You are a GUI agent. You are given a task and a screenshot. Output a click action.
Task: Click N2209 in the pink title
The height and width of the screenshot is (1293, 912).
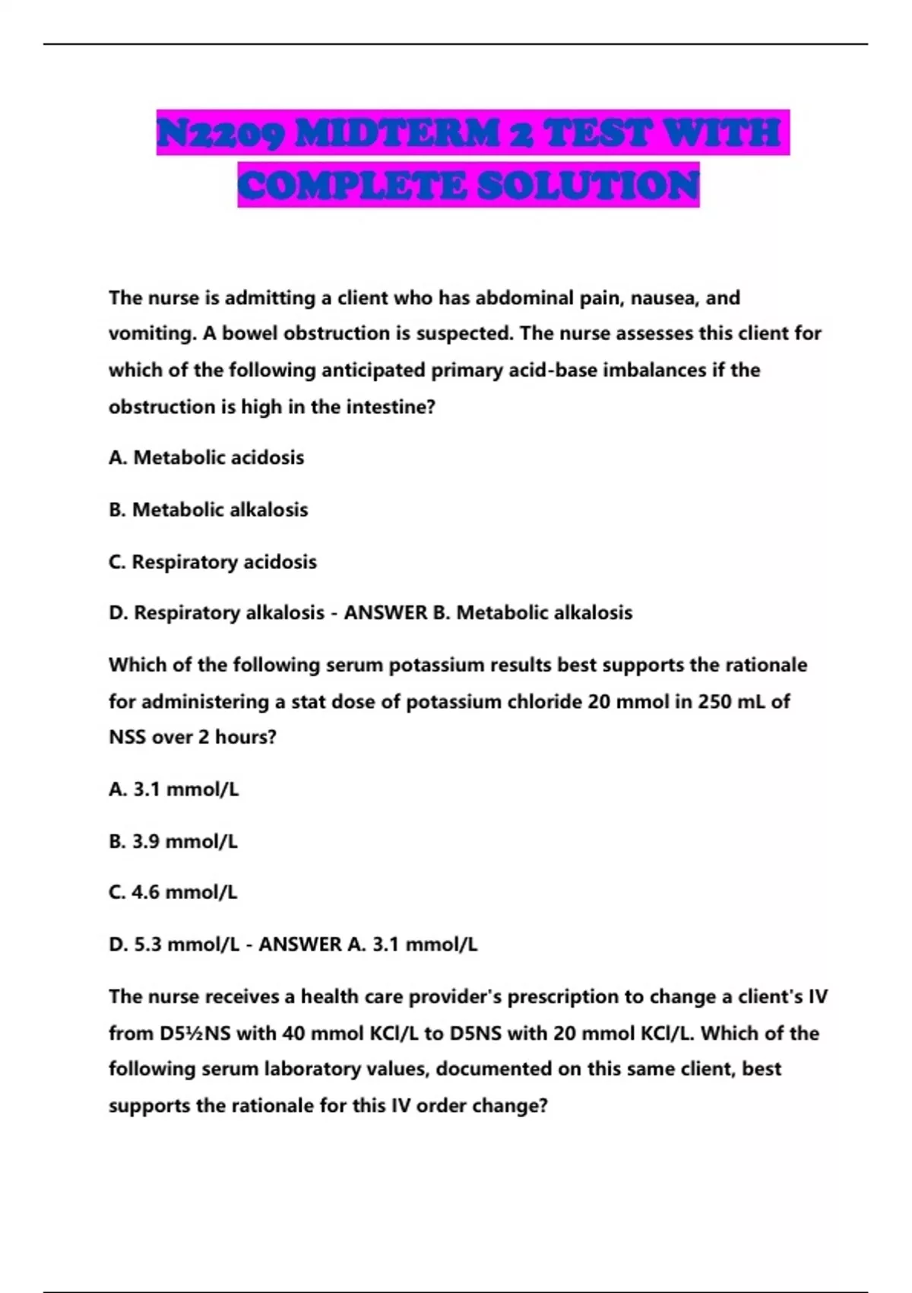(x=221, y=133)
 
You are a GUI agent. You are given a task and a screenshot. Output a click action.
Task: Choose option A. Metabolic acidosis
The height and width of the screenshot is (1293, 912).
(x=206, y=458)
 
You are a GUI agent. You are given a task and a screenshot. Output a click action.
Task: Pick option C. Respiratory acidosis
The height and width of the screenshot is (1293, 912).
(x=212, y=562)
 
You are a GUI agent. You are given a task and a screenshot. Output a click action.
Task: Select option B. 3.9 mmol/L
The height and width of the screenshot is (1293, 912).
(x=173, y=841)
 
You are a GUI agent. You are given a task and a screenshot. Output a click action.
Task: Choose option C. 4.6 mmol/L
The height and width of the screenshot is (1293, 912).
(x=173, y=892)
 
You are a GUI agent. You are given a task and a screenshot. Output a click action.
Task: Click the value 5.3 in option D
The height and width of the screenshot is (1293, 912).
(x=147, y=945)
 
